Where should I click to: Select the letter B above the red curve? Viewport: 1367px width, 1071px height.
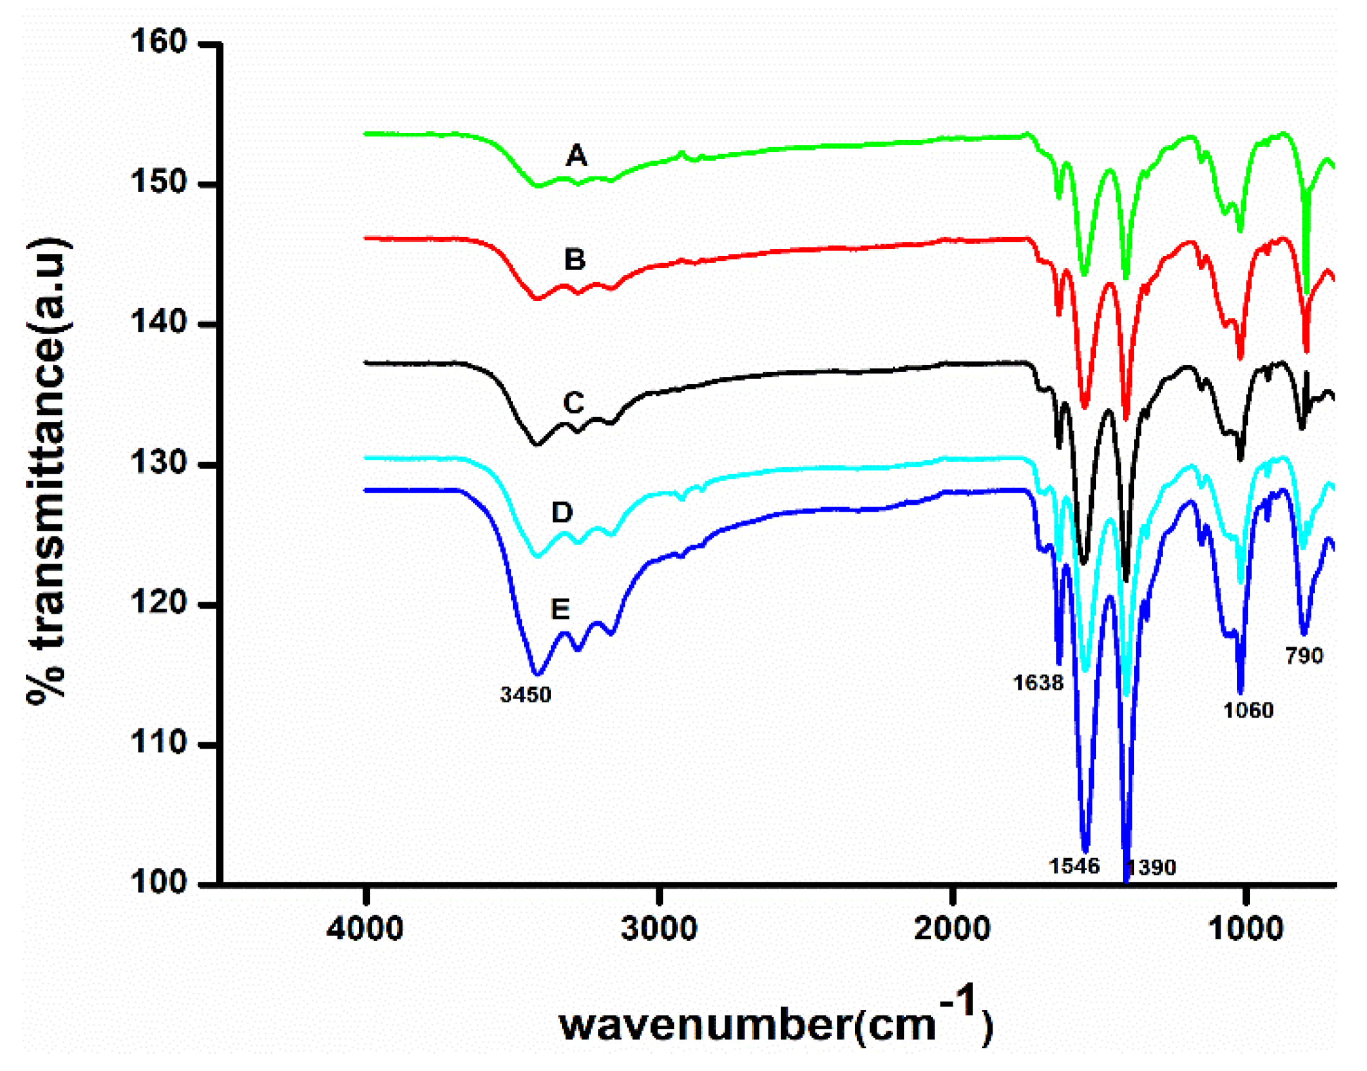pos(575,260)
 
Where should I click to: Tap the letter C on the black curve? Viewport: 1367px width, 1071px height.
pos(573,403)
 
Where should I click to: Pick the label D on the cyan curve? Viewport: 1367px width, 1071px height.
pos(562,512)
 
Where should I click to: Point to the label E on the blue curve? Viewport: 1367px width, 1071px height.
pos(560,609)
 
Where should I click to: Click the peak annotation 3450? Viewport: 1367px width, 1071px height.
pos(526,695)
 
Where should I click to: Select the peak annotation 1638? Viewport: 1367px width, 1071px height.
pos(1038,683)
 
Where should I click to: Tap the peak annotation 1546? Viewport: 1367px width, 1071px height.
pos(1074,866)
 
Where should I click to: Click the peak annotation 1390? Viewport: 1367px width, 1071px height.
pos(1152,867)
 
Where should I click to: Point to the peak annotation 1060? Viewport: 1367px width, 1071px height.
pos(1248,711)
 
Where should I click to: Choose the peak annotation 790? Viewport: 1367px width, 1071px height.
pos(1304,656)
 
